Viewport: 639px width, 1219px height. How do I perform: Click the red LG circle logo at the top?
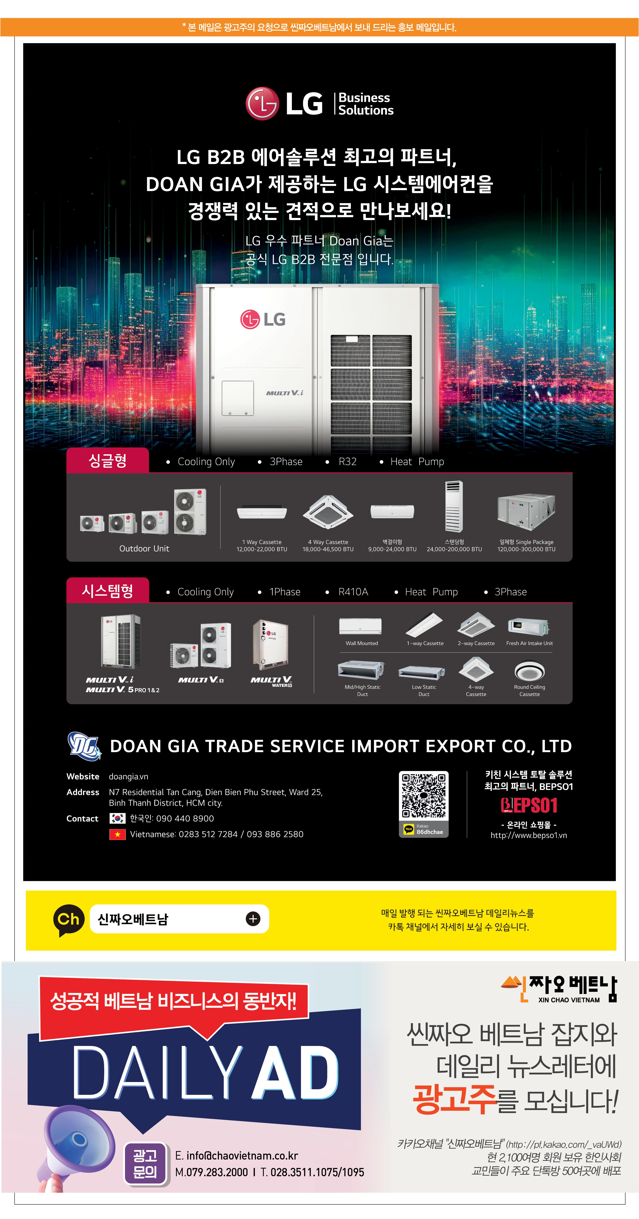[x=262, y=103]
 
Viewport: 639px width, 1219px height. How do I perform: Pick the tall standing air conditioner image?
[x=454, y=506]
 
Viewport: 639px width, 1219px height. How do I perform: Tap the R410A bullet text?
[x=353, y=592]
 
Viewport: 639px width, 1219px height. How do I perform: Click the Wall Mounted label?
[x=362, y=643]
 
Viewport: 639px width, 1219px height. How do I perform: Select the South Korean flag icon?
[x=117, y=818]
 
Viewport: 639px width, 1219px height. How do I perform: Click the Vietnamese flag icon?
[x=117, y=834]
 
